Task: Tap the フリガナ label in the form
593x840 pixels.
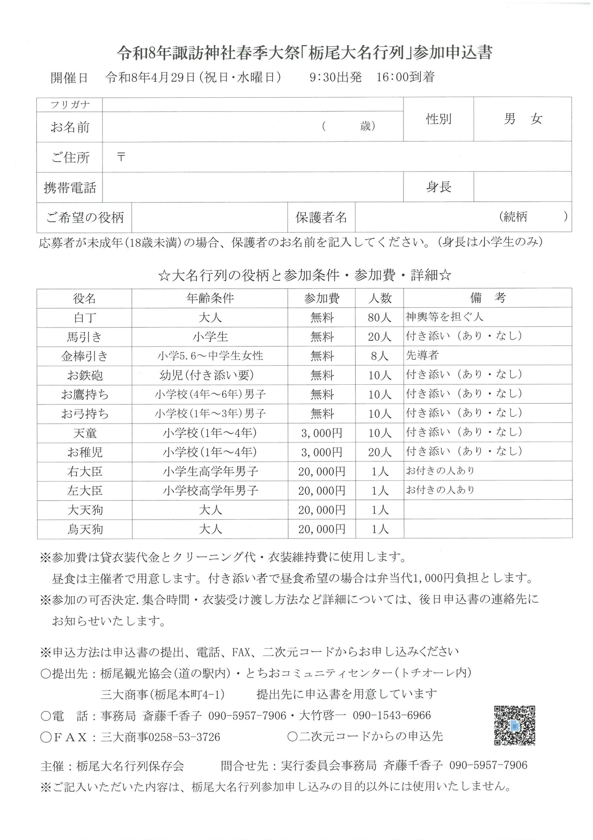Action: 70,105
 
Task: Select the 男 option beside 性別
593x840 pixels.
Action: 509,120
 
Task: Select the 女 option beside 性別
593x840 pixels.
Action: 536,120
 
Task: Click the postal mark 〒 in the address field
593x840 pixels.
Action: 121,157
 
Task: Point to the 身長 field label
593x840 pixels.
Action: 439,187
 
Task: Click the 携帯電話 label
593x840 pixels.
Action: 70,188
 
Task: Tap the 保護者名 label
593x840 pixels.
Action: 321,217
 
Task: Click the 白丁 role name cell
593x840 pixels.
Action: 84,318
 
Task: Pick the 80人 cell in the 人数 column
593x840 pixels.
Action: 380,318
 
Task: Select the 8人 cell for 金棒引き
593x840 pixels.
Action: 380,356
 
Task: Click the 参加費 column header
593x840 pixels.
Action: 322,298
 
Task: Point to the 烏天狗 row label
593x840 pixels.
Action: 85,529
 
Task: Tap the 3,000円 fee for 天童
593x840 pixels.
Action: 322,433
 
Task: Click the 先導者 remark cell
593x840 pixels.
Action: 423,355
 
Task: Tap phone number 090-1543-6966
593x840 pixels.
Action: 392,715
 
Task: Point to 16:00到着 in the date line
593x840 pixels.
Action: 406,78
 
